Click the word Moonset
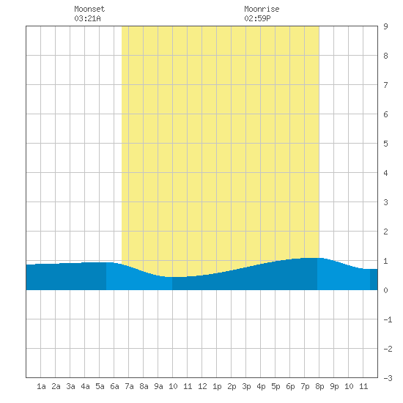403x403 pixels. point(89,9)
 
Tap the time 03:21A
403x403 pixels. point(87,18)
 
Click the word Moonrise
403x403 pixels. point(262,9)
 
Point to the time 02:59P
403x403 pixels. point(257,18)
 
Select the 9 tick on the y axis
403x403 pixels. point(385,26)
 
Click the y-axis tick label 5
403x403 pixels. point(385,144)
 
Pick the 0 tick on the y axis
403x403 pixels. point(385,290)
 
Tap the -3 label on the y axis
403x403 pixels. point(388,378)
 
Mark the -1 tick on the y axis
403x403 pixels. point(388,319)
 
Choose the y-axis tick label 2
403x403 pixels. point(385,232)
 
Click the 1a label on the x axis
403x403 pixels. point(41,386)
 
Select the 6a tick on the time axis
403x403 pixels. point(114,386)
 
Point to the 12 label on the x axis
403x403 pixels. point(202,386)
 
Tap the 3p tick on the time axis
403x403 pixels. point(246,386)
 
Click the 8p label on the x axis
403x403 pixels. point(319,386)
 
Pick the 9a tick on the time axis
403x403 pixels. point(158,386)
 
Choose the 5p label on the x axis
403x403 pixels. point(276,386)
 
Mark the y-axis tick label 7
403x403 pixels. point(385,85)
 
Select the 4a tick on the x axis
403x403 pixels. point(85,386)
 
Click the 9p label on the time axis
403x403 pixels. point(334,386)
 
